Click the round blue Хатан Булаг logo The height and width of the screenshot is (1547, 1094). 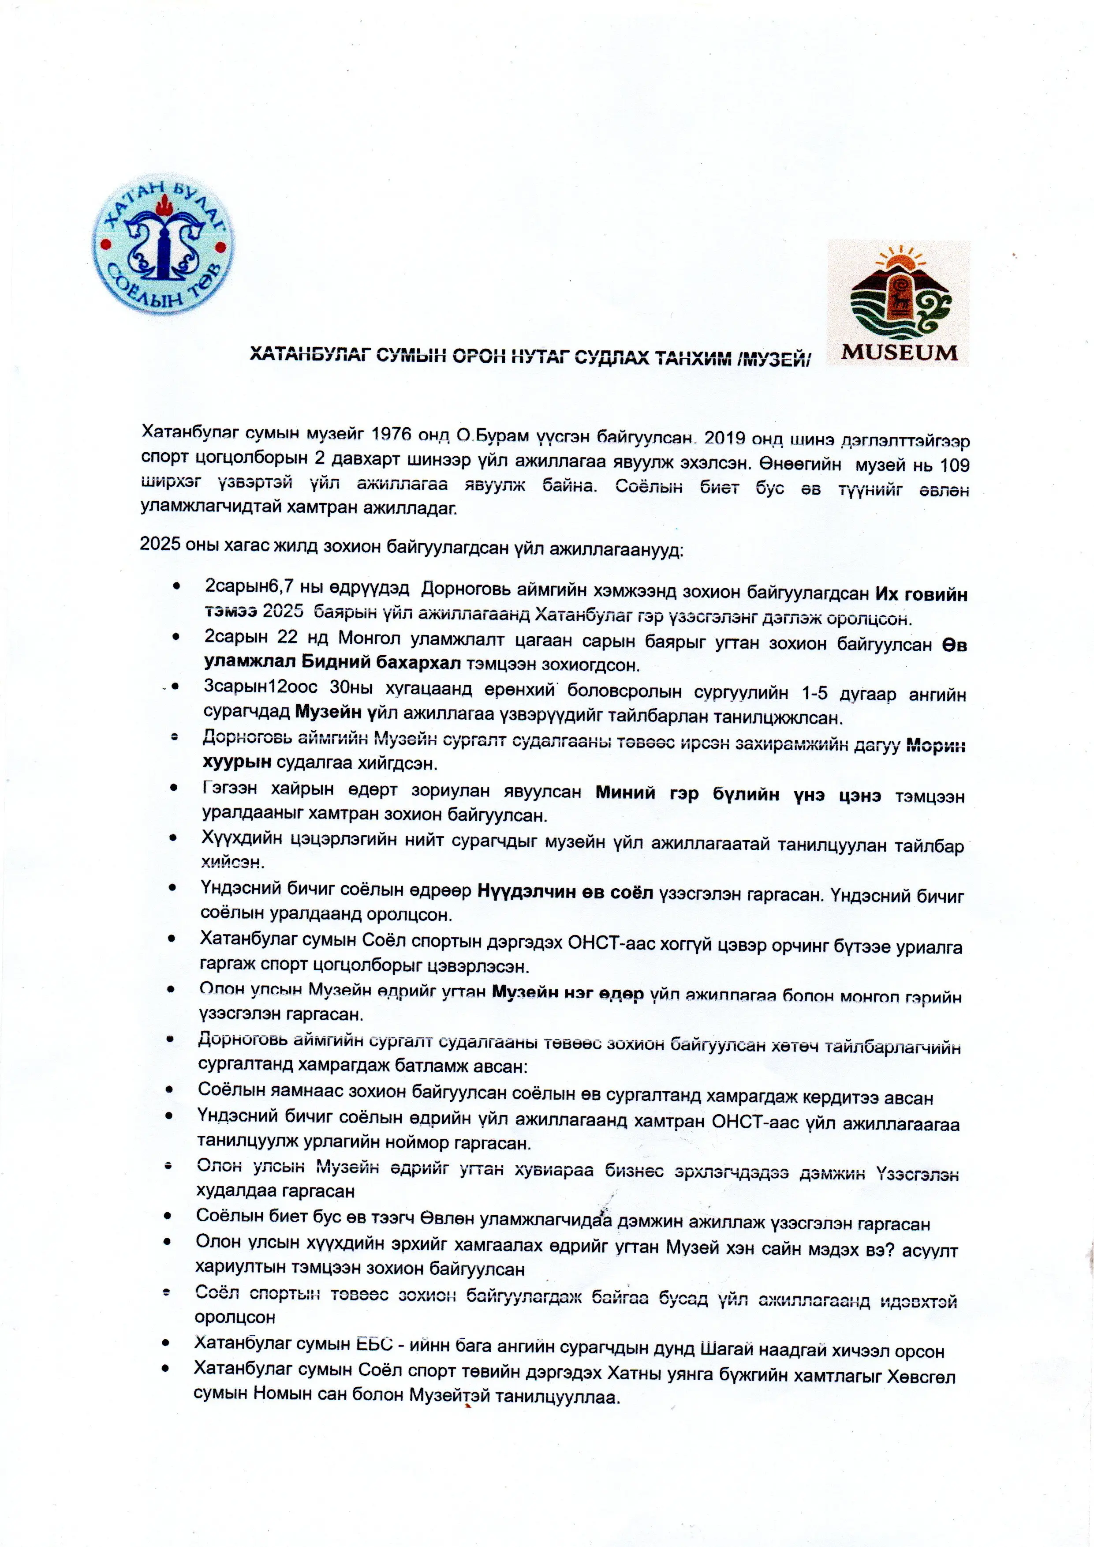tap(163, 246)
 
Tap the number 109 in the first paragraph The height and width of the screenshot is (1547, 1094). tap(954, 465)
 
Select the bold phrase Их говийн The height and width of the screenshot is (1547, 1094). tap(921, 594)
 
